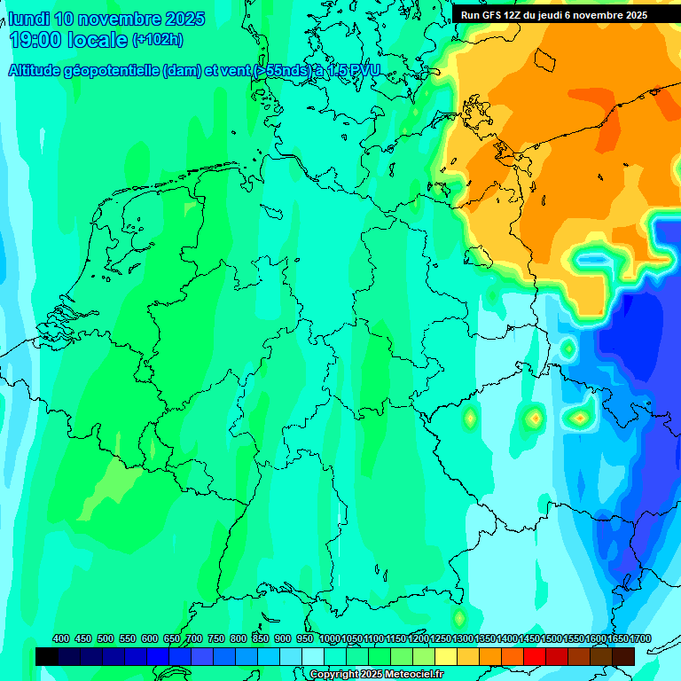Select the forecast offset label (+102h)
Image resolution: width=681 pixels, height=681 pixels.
click(157, 39)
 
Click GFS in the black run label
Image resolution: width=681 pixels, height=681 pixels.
click(493, 15)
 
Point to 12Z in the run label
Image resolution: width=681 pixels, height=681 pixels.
click(516, 15)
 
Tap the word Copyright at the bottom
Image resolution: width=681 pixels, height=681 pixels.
click(333, 675)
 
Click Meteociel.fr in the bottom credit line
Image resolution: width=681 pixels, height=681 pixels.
click(413, 675)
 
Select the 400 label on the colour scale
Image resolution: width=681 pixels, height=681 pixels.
click(61, 638)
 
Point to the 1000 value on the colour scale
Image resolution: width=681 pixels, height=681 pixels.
click(330, 638)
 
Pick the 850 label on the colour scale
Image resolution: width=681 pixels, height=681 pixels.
click(261, 638)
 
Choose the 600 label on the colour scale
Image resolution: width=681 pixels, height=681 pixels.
click(150, 638)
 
